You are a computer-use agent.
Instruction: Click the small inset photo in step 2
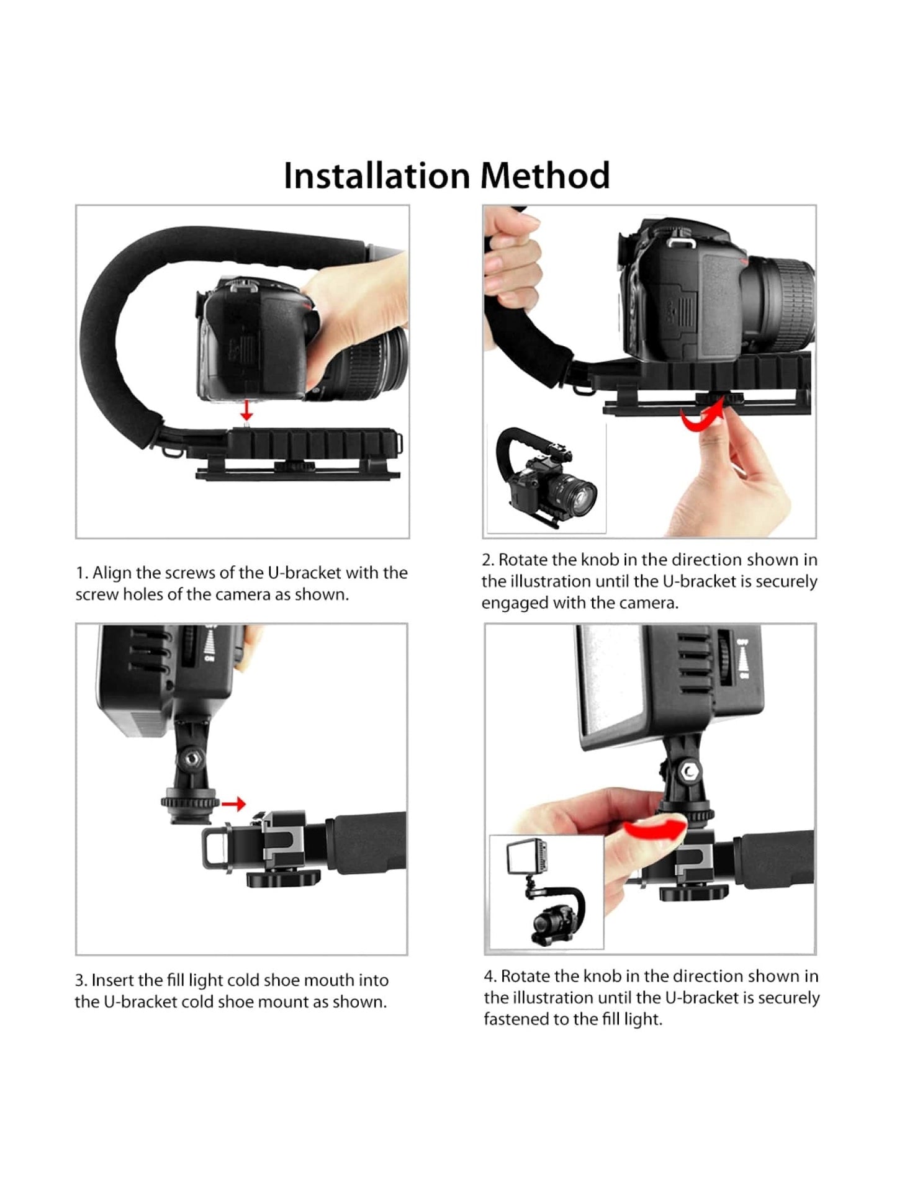[x=546, y=478]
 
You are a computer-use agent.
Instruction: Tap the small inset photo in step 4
[x=547, y=892]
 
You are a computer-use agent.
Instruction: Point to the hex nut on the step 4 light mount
[x=688, y=772]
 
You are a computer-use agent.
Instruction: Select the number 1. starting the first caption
[x=81, y=573]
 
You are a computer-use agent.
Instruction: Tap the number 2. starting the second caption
[x=488, y=560]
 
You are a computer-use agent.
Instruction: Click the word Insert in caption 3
[x=112, y=980]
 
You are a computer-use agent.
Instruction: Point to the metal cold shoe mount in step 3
[x=282, y=837]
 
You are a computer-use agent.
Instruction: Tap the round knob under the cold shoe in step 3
[x=284, y=878]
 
